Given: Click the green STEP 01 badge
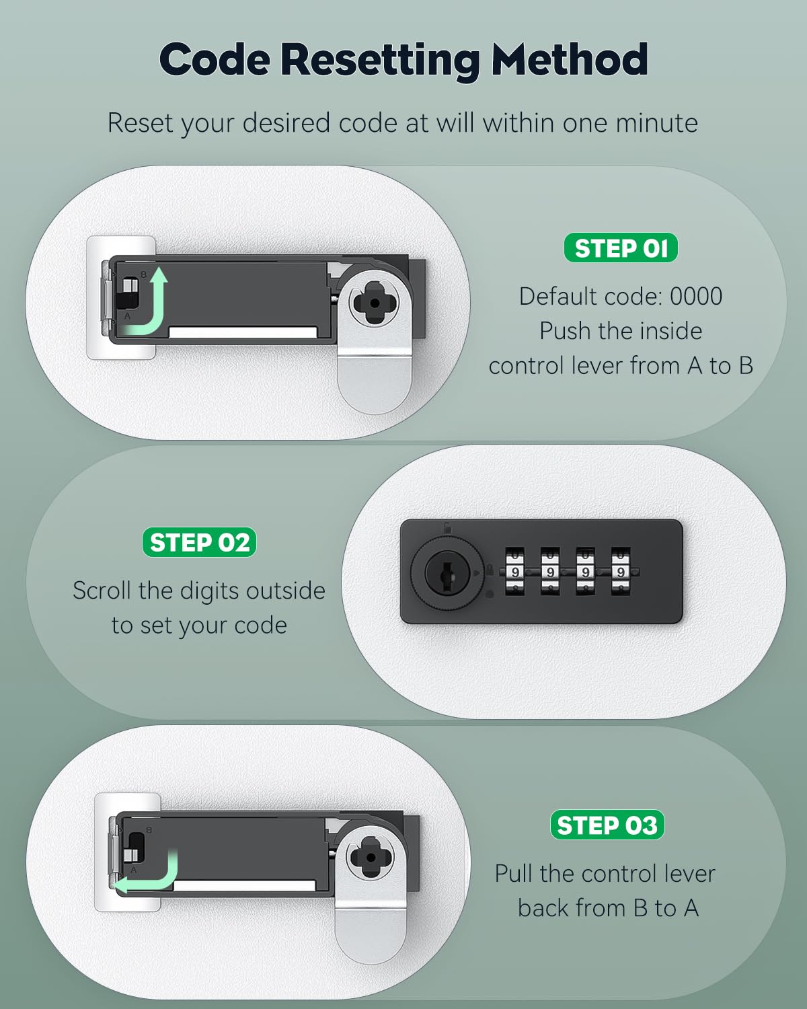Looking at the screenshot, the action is [621, 248].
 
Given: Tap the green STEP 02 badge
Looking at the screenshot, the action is [199, 542].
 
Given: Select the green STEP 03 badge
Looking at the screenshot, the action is [607, 825].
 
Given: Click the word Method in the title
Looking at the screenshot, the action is [570, 60].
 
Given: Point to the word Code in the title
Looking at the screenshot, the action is [215, 60].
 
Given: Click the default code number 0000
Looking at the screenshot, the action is [696, 297].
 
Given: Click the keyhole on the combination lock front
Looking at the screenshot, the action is [447, 572].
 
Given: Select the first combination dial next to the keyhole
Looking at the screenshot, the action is [515, 572].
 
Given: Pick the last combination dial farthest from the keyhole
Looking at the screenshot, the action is [620, 572].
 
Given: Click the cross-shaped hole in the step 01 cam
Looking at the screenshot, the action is [374, 303].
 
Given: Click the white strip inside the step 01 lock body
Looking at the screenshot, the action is [242, 332].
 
